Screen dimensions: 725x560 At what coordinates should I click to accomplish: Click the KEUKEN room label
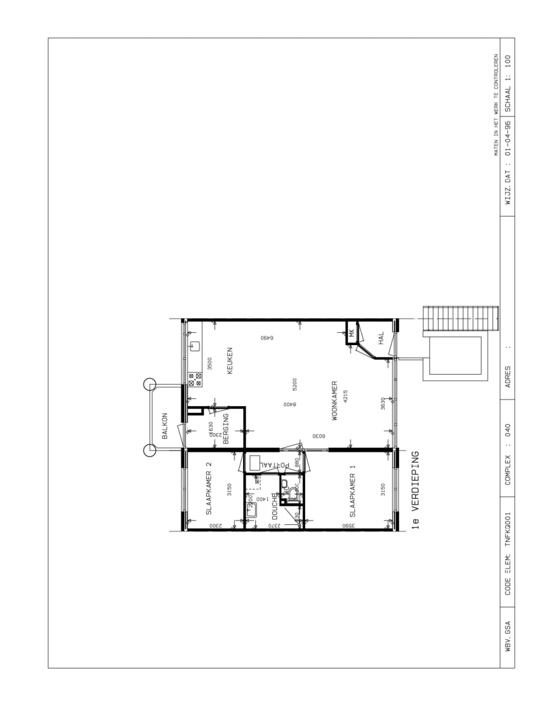point(230,361)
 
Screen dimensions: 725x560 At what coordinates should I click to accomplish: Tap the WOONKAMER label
point(334,401)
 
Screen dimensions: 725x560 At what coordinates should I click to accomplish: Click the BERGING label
point(226,429)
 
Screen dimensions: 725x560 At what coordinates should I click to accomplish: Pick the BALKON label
point(165,426)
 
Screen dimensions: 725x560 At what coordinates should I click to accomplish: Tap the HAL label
point(381,338)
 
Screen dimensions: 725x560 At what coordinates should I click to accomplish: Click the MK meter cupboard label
point(352,333)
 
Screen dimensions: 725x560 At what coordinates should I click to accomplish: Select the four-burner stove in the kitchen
point(195,380)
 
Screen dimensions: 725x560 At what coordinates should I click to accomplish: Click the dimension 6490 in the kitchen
point(266,337)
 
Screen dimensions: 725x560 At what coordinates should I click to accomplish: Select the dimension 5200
point(295,384)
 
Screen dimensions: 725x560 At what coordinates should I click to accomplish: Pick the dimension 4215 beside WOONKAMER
point(346,397)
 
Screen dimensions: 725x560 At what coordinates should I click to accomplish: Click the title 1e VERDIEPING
point(415,490)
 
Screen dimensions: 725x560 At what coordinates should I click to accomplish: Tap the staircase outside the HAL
point(460,319)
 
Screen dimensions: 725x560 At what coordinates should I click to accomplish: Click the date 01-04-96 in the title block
point(508,138)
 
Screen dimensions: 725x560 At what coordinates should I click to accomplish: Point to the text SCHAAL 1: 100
point(508,83)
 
